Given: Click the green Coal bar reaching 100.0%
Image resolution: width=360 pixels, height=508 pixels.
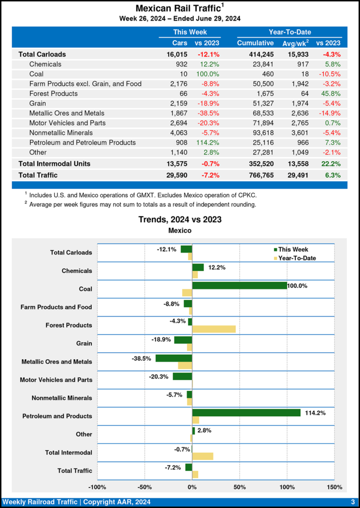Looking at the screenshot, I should click(x=239, y=285).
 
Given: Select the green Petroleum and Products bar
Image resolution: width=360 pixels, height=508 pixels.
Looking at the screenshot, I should click(x=246, y=413).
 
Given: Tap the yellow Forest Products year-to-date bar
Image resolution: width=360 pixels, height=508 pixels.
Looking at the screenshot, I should click(x=214, y=329).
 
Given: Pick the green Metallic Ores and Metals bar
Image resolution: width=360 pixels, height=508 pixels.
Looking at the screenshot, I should click(x=174, y=358).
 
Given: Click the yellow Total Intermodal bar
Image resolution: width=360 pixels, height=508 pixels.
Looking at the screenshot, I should click(x=203, y=456).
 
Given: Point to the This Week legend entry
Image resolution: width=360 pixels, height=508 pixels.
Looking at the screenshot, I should click(x=292, y=250).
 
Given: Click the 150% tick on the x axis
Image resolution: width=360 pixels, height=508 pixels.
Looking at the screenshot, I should click(x=335, y=487).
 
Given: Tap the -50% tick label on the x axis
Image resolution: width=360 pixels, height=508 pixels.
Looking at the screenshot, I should click(x=144, y=487).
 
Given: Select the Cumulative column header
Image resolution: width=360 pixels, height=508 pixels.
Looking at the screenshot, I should click(x=255, y=43).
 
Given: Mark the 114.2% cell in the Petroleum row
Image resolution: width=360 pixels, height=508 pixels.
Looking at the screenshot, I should click(x=209, y=143).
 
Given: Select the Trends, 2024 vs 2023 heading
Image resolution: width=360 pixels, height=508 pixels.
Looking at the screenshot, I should click(x=180, y=219).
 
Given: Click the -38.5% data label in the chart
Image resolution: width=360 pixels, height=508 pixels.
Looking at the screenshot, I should click(x=142, y=359).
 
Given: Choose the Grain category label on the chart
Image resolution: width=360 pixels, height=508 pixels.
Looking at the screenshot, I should click(x=84, y=343).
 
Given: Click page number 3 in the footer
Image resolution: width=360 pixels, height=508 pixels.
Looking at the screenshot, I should click(x=352, y=502).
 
